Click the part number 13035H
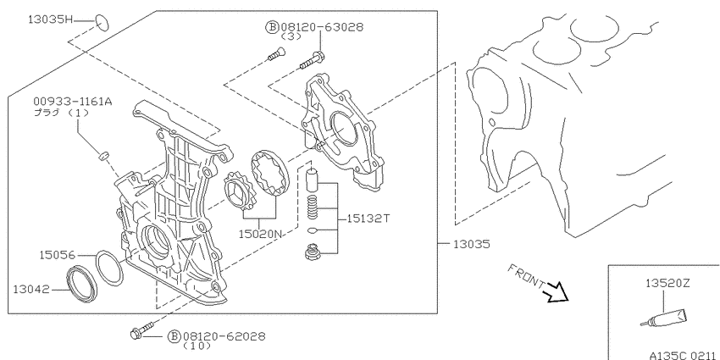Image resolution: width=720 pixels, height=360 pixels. [x=51, y=19]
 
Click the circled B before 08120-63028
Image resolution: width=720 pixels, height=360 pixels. [x=272, y=27]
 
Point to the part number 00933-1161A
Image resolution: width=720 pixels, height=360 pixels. [x=72, y=102]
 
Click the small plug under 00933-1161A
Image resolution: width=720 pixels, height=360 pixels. [x=103, y=156]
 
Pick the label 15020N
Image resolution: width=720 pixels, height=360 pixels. [x=260, y=234]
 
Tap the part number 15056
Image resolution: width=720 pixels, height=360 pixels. [x=57, y=254]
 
